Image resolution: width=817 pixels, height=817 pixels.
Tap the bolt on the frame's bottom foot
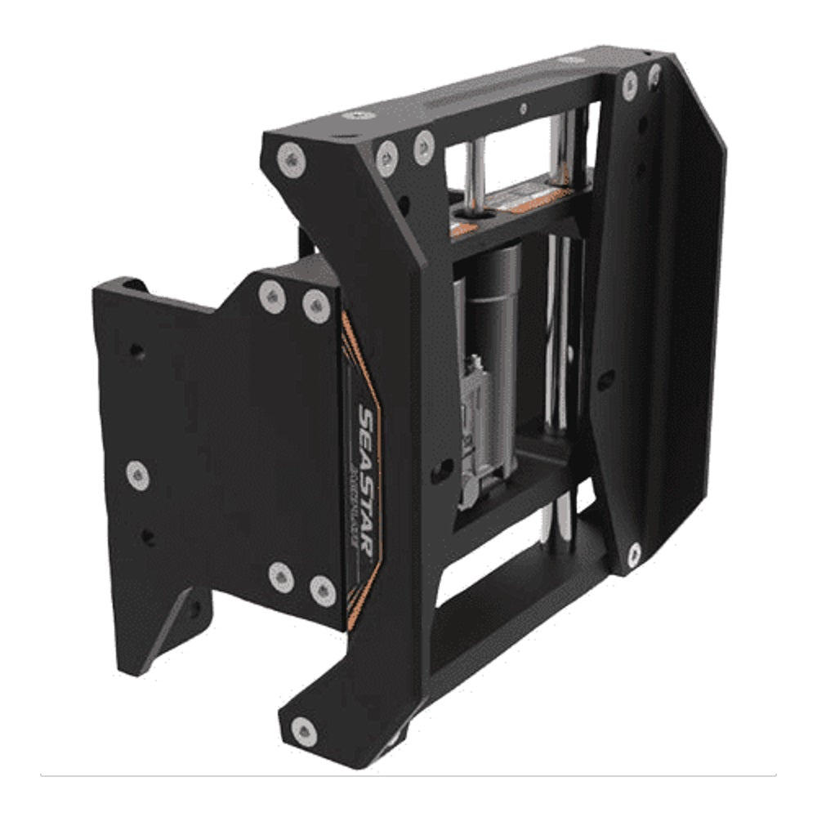[304, 732]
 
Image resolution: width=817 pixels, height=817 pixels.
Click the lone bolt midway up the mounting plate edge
[138, 475]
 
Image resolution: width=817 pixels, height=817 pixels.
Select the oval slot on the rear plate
[605, 380]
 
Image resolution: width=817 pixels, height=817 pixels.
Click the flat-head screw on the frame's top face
[359, 115]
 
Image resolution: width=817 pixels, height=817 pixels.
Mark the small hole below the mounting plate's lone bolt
[148, 537]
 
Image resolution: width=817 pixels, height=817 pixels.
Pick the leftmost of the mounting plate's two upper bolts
[272, 297]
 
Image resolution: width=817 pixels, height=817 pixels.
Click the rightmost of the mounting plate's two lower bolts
[323, 590]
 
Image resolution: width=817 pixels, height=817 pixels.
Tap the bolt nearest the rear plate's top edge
[629, 85]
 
